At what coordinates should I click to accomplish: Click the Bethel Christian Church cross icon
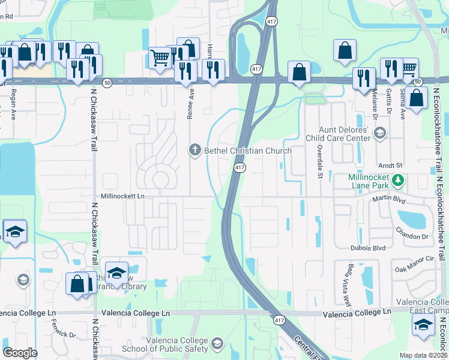(194, 150)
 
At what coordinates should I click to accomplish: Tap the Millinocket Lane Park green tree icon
(397, 179)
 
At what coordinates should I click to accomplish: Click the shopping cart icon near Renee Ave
(160, 58)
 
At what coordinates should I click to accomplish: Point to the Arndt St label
(390, 164)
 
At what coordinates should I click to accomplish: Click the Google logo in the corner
(20, 353)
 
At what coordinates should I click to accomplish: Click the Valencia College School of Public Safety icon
(217, 344)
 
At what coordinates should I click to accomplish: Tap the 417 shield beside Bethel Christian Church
(240, 168)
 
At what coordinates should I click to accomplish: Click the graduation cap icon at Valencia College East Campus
(423, 325)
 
